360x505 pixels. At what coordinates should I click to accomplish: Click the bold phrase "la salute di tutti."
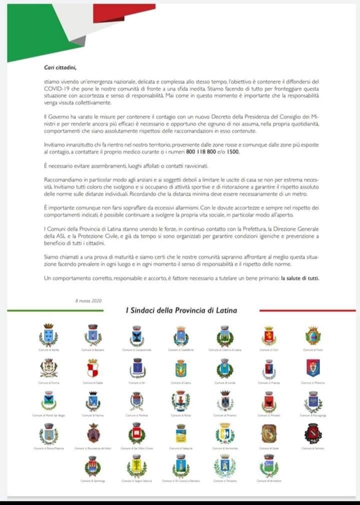(x=300, y=278)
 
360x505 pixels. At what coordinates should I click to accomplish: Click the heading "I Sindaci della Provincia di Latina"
(x=181, y=311)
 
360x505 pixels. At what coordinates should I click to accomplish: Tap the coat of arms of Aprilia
(x=48, y=335)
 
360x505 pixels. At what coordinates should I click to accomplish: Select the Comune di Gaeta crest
(x=92, y=368)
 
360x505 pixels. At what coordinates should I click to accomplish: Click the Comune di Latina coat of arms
(x=180, y=368)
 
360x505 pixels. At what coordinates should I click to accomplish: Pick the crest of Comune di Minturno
(x=313, y=368)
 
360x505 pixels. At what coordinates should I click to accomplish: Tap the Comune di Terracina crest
(x=224, y=466)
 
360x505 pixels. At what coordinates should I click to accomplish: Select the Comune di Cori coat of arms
(x=269, y=336)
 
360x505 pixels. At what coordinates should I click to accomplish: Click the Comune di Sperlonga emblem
(x=92, y=466)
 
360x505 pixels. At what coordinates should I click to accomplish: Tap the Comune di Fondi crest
(x=313, y=335)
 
